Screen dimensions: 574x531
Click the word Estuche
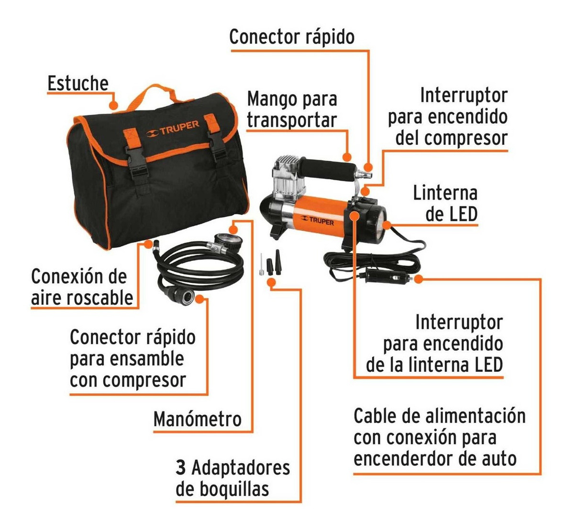pos(78,83)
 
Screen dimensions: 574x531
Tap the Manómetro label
pos(198,419)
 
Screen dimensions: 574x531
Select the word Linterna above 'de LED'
pos(445,193)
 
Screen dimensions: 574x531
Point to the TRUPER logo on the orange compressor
pos(317,221)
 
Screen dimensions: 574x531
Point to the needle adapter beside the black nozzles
pos(262,265)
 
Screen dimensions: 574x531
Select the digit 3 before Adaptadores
pos(181,468)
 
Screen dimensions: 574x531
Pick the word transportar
pos(292,120)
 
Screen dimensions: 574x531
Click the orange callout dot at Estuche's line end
pos(114,105)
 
